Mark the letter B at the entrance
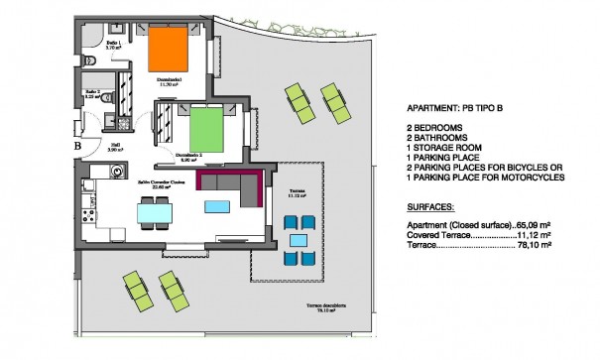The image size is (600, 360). click(77, 148)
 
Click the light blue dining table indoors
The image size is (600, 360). click(154, 212)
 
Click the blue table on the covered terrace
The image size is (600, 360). click(297, 239)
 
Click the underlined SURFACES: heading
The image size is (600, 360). click(432, 209)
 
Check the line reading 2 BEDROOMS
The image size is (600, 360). click(437, 130)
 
